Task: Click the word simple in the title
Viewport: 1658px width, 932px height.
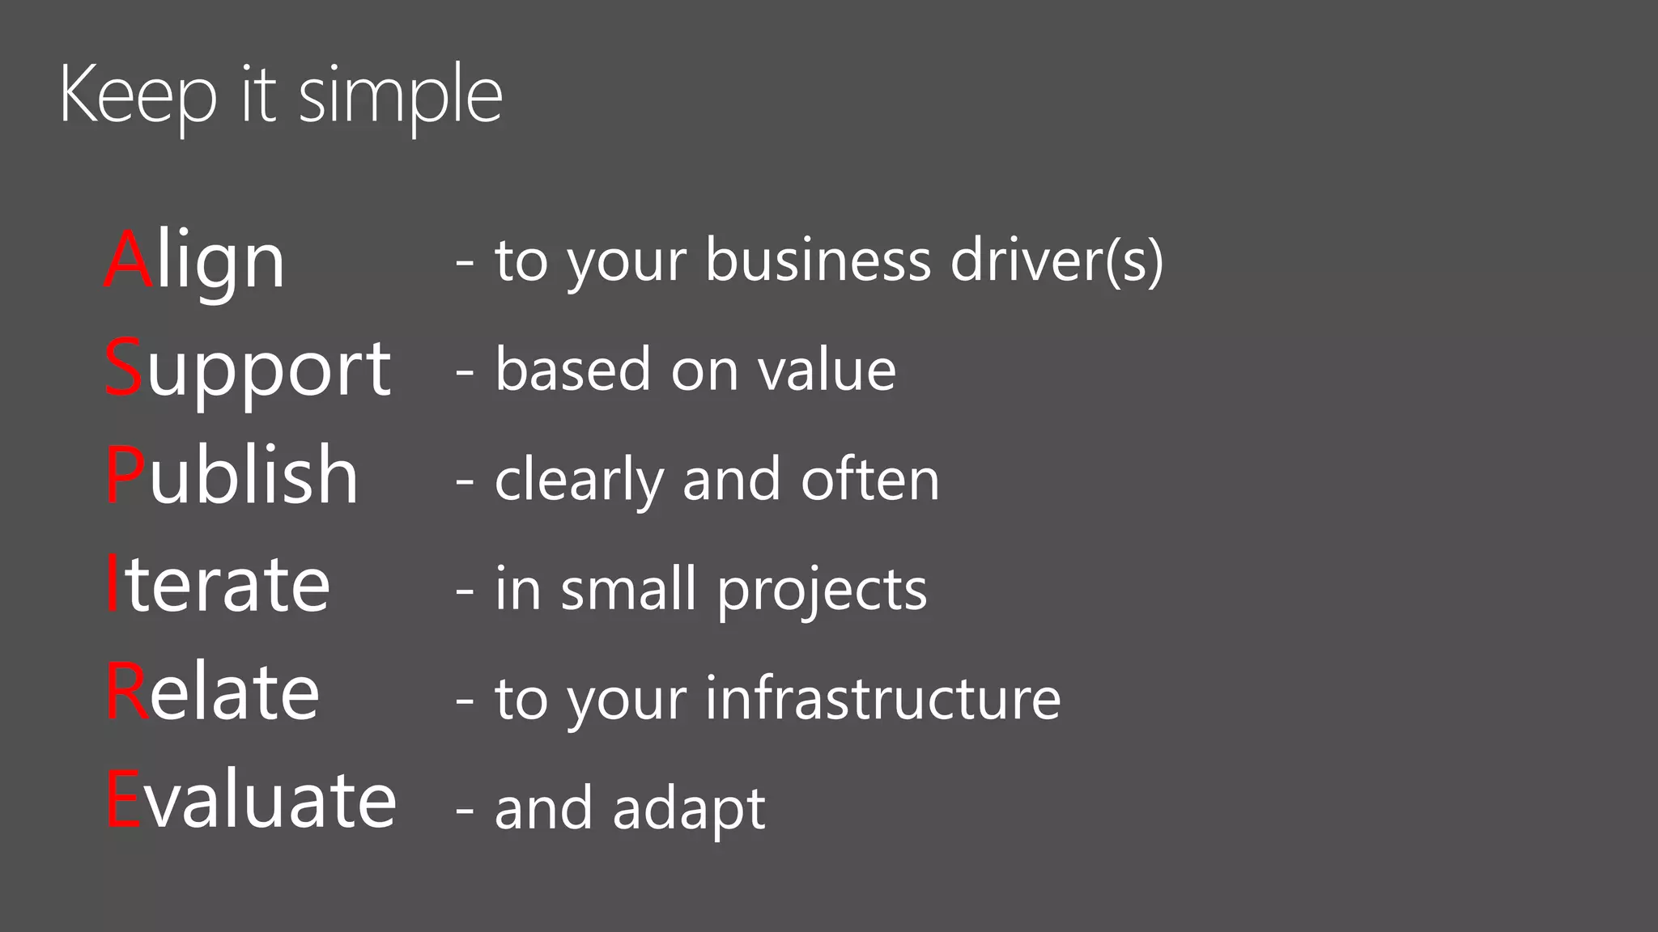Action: (401, 95)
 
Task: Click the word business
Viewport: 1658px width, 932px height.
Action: (818, 261)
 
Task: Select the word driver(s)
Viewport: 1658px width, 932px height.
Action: (1056, 261)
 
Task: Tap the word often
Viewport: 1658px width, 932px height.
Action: (869, 479)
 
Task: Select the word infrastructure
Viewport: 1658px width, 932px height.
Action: (882, 697)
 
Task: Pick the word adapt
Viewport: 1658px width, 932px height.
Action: (689, 808)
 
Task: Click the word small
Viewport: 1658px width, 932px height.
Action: (628, 588)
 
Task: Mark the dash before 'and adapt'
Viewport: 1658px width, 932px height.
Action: (465, 808)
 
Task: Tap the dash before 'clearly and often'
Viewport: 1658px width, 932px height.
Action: (465, 480)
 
